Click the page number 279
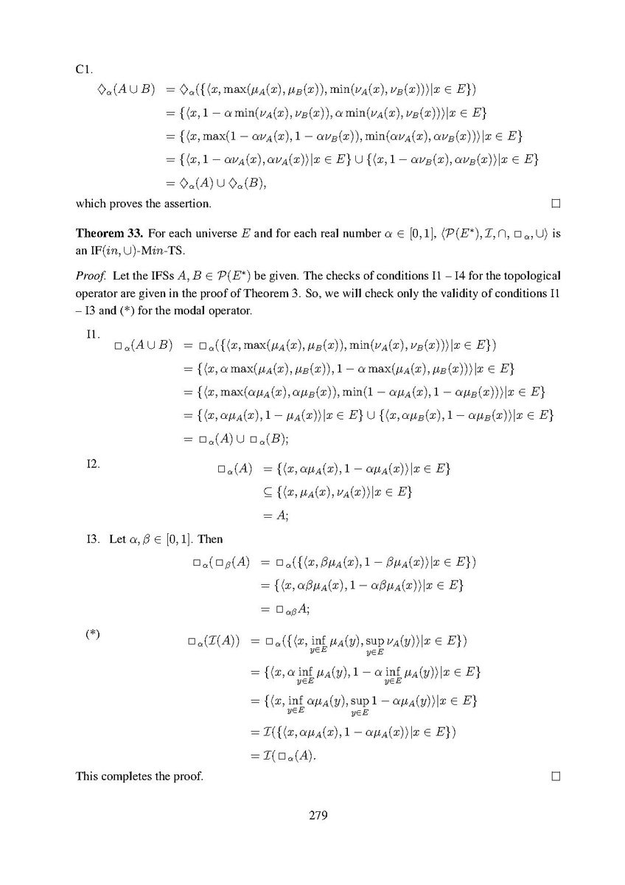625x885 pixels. point(312,815)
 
